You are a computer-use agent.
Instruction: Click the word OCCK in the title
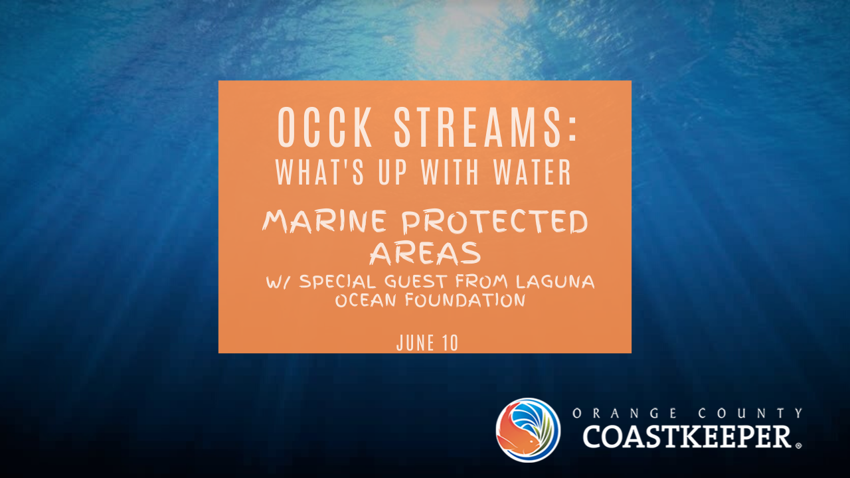point(325,127)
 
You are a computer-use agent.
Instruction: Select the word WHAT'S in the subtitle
point(320,172)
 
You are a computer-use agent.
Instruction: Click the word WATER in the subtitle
point(533,172)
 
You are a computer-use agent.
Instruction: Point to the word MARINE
point(325,222)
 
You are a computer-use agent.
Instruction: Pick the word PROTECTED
point(495,222)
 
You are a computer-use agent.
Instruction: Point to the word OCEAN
point(366,301)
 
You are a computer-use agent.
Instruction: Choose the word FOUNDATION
point(466,301)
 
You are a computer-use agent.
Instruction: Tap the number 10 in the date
point(450,343)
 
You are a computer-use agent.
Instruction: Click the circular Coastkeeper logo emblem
point(528,430)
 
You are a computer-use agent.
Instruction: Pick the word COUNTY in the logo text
point(750,413)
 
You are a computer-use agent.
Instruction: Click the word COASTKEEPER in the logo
point(687,437)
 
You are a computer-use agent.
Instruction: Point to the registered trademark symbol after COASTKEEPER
point(798,445)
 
